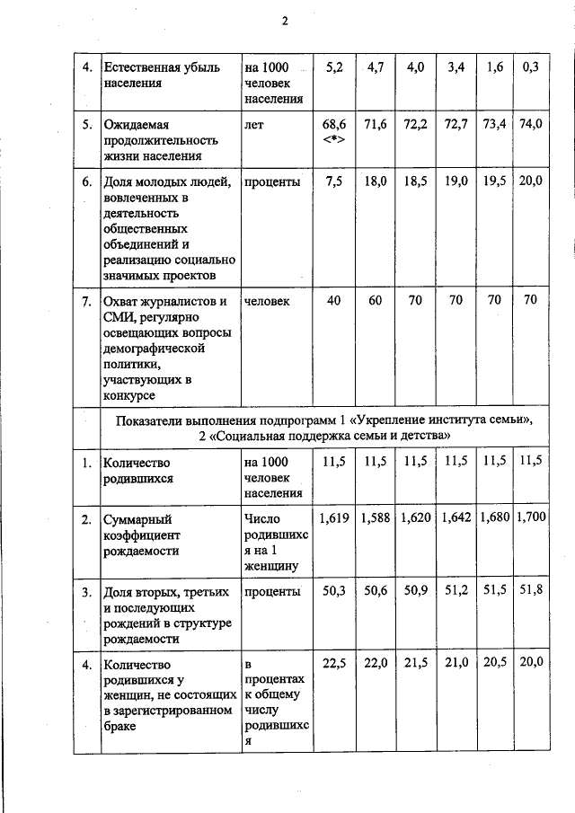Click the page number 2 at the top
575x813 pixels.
pyautogui.click(x=284, y=22)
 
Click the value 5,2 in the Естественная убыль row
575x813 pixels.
pyautogui.click(x=334, y=67)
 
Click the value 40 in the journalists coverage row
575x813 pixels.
pyautogui.click(x=334, y=300)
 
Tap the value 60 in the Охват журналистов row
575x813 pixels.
pyautogui.click(x=375, y=300)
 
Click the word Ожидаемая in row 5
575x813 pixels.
pyautogui.click(x=137, y=125)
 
